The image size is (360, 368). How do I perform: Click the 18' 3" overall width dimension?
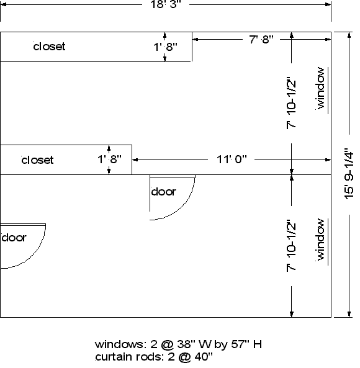click(166, 4)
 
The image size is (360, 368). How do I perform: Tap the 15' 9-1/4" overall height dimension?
click(349, 174)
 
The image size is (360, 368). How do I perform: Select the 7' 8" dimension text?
click(261, 39)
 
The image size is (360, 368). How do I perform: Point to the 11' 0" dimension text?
click(232, 159)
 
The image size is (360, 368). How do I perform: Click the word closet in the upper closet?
click(49, 47)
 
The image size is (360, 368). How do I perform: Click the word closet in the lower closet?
click(37, 160)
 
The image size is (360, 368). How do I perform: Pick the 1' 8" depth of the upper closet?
click(165, 47)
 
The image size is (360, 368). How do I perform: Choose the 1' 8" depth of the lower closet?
click(109, 159)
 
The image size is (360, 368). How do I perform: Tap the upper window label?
click(320, 88)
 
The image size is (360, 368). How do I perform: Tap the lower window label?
click(320, 240)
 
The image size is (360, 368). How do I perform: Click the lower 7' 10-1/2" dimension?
click(291, 246)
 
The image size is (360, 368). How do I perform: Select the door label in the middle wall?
click(164, 192)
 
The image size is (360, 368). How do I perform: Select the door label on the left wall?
click(14, 238)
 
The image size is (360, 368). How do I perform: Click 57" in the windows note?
click(240, 344)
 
